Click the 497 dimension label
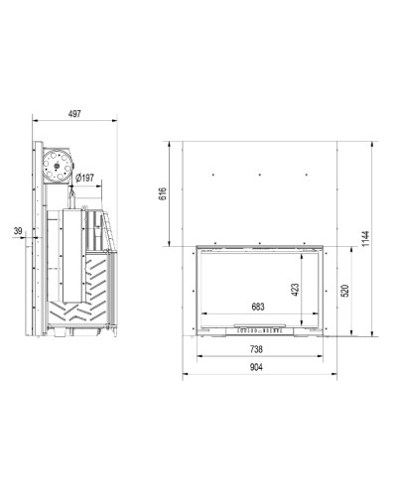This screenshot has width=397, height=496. tap(74, 114)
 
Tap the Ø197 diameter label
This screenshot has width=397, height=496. tap(84, 179)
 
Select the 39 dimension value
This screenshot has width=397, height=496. tap(18, 231)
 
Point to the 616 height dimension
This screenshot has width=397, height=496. tap(163, 193)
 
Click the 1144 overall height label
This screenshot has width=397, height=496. tap(365, 238)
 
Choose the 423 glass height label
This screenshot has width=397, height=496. tap(296, 290)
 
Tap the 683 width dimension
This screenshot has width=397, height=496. tap(258, 307)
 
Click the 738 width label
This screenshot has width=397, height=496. tap(256, 349)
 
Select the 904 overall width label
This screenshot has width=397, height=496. tap(256, 367)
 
